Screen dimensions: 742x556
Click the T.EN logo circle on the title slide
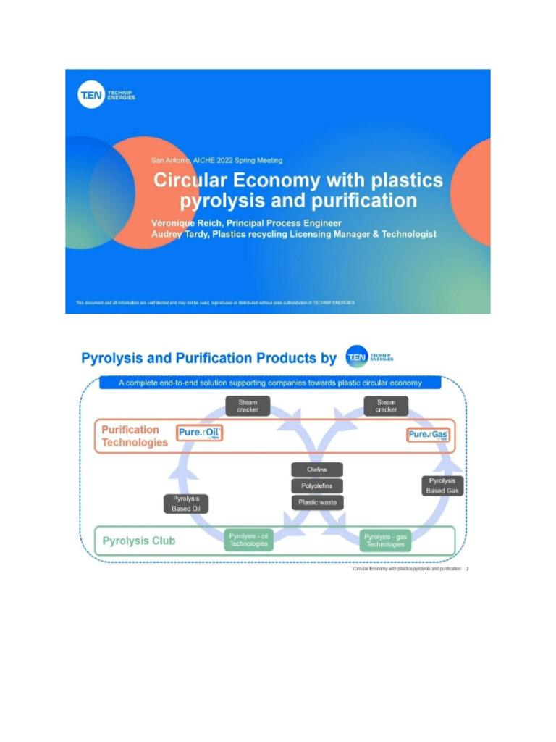click(91, 95)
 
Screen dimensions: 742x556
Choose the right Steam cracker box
click(386, 406)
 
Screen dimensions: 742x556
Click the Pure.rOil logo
click(199, 433)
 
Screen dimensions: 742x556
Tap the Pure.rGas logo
click(428, 434)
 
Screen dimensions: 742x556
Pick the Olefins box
click(317, 470)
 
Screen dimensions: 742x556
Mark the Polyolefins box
click(317, 486)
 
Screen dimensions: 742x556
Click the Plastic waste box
click(317, 502)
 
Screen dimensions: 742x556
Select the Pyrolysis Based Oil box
click(186, 504)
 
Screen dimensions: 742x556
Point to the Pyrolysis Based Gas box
click(442, 485)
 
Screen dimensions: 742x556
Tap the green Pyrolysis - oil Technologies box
click(248, 540)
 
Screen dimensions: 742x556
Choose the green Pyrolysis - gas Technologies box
click(385, 540)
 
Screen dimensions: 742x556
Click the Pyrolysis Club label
click(139, 541)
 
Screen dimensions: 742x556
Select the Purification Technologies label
click(135, 436)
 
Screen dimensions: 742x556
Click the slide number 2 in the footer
click(468, 570)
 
